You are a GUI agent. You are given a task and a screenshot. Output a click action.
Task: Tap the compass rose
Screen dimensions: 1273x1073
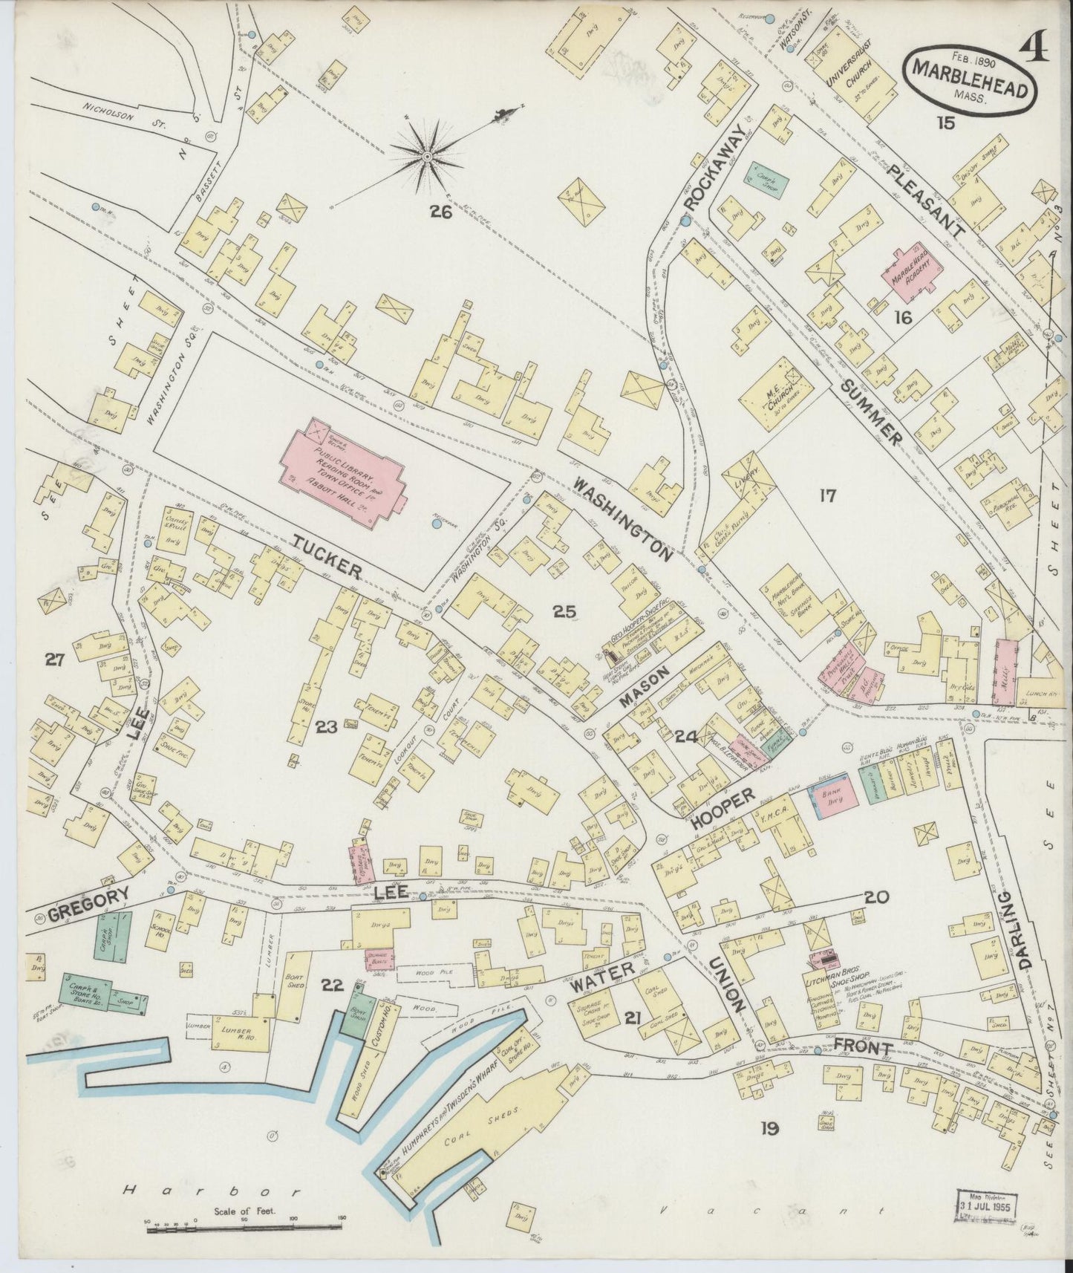tap(428, 156)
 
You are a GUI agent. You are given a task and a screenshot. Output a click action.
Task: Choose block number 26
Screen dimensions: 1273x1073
tap(440, 212)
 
